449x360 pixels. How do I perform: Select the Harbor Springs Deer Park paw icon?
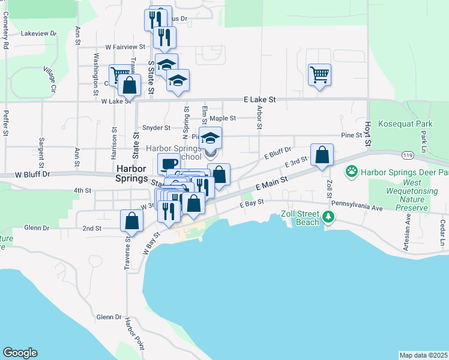[352, 172]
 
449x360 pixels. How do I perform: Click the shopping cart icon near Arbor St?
[319, 75]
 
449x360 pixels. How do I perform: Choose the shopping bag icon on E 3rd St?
[322, 155]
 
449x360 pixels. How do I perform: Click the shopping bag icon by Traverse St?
[131, 220]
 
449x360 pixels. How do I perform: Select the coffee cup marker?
[169, 164]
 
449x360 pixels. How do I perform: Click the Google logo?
[20, 352]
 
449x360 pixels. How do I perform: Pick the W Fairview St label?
[125, 46]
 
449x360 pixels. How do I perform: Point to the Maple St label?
[221, 119]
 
